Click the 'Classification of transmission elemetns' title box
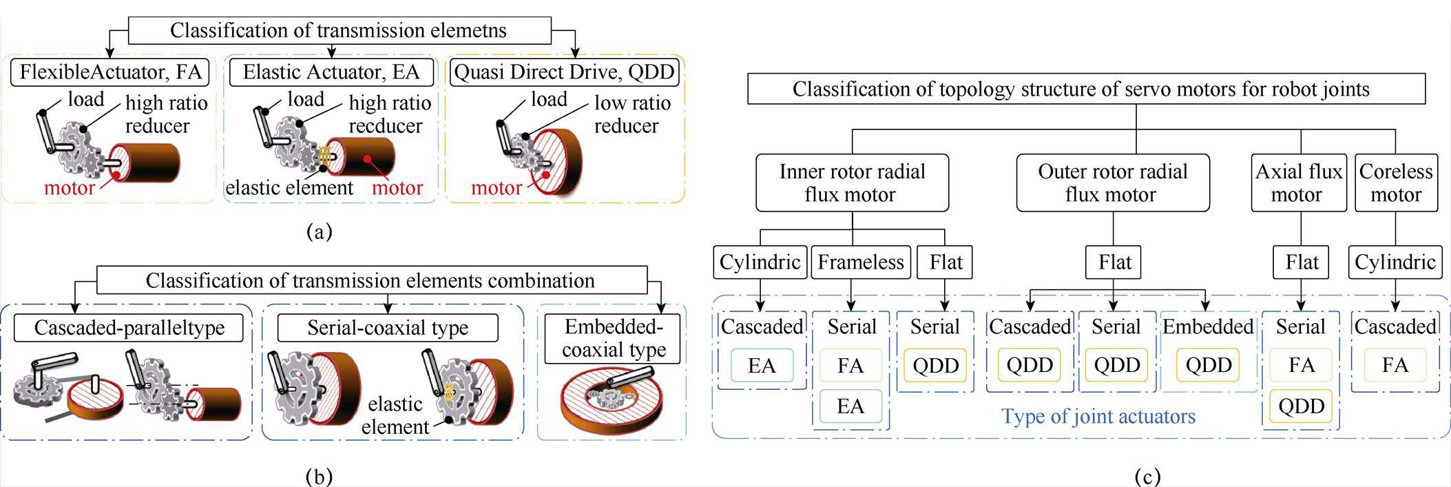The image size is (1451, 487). (x=339, y=31)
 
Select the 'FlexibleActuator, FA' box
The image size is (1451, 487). (x=110, y=72)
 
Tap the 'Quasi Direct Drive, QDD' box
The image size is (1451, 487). (x=565, y=72)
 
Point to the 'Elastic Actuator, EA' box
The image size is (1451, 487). (x=331, y=72)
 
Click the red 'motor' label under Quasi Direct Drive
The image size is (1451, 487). (x=496, y=188)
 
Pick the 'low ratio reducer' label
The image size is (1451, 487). (x=631, y=114)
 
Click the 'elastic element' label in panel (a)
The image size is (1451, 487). (x=289, y=188)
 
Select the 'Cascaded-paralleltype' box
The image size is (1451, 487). (x=129, y=327)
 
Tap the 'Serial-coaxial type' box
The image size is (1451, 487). (x=387, y=327)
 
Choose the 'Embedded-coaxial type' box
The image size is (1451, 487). (x=613, y=338)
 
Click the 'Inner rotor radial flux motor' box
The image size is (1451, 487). (x=852, y=183)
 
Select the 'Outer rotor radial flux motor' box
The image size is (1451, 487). (x=1112, y=183)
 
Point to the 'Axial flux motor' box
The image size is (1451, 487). (x=1298, y=183)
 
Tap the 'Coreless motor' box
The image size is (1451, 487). (x=1395, y=183)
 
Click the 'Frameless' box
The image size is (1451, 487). (x=860, y=262)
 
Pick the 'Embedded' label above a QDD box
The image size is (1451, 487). (x=1208, y=327)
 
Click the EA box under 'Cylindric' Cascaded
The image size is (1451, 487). (x=761, y=366)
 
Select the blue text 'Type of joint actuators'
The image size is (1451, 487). (x=1098, y=417)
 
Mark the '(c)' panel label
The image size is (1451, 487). (x=1147, y=476)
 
